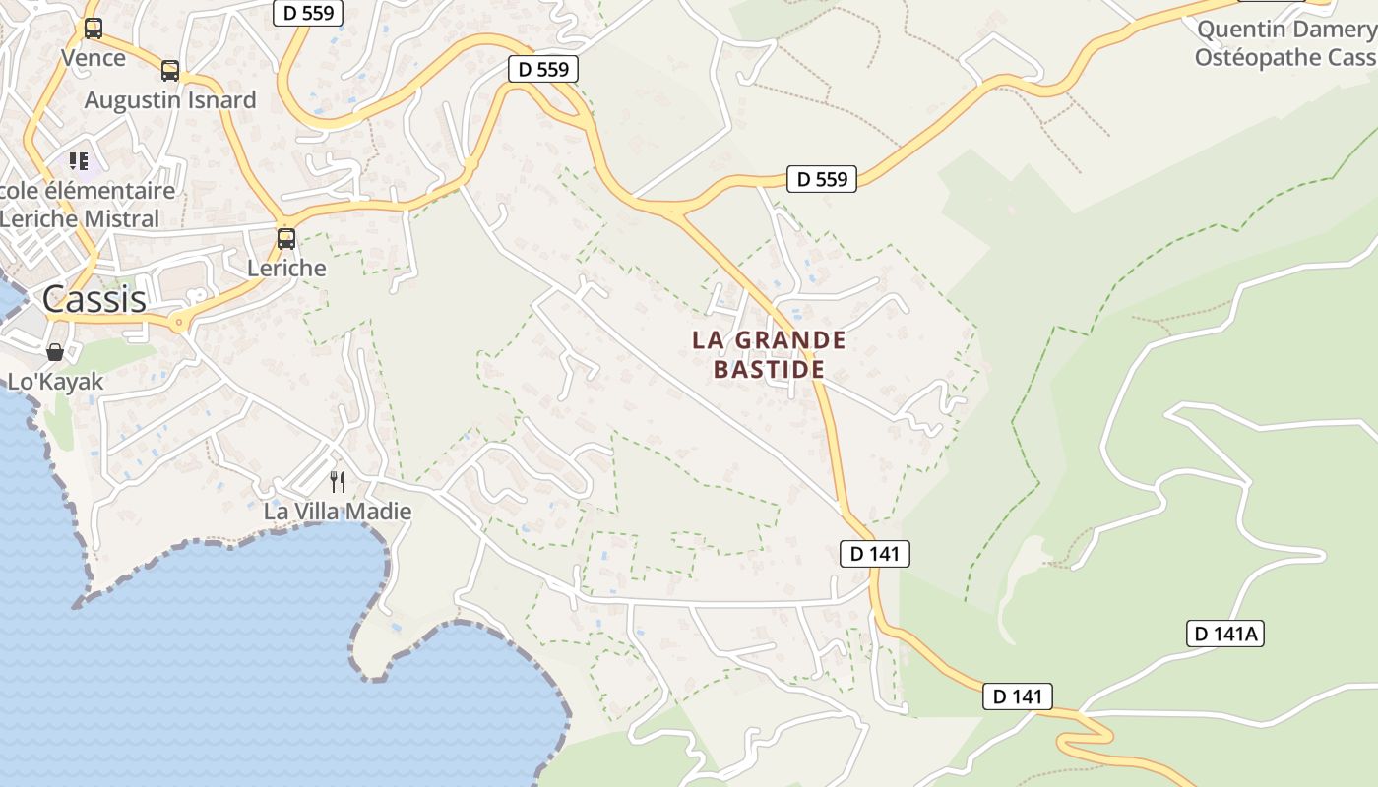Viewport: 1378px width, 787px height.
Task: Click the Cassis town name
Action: tap(94, 298)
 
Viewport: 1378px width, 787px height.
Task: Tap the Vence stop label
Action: tap(94, 57)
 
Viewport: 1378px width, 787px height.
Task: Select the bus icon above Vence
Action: tap(93, 29)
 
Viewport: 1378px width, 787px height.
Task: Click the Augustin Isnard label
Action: tap(170, 99)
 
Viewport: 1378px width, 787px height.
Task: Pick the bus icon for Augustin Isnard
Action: tap(170, 70)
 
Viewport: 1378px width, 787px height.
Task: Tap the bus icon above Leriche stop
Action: tap(286, 238)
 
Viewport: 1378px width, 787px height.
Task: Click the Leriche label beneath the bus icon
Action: tap(286, 268)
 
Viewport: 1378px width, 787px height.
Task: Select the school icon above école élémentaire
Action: tap(79, 160)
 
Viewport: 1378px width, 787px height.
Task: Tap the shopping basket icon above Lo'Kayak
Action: tap(55, 351)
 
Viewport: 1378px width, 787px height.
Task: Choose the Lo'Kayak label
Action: tap(55, 382)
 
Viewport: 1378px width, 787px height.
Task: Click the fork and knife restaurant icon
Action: tap(338, 481)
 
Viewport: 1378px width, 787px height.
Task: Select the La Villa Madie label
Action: tap(338, 512)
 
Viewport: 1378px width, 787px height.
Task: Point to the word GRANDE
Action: tap(791, 340)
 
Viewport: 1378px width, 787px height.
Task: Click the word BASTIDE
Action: tap(769, 370)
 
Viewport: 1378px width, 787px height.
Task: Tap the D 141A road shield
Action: tap(1224, 634)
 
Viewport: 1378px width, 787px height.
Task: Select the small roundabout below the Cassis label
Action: tap(178, 322)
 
